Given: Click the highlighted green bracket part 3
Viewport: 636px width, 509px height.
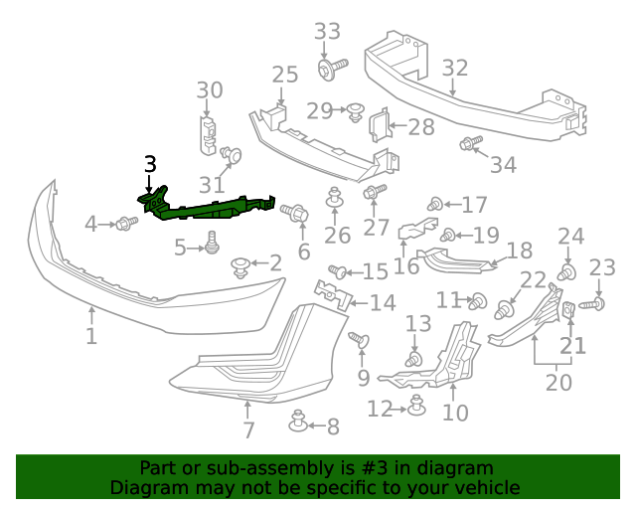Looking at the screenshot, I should click(x=209, y=206).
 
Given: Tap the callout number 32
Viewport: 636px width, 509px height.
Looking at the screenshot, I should click(x=454, y=68).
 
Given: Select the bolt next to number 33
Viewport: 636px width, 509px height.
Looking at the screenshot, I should click(x=328, y=69).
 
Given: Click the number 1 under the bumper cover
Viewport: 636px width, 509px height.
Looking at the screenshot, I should click(x=90, y=336).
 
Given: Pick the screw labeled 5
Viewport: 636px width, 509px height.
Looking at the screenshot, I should click(x=211, y=241).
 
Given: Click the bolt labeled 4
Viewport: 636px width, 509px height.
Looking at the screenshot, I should click(x=125, y=224).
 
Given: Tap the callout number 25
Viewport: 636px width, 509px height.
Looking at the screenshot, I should click(x=284, y=75).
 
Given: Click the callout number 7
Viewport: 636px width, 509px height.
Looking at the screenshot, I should click(x=248, y=430).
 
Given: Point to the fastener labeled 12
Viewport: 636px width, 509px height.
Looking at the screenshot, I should click(x=417, y=406).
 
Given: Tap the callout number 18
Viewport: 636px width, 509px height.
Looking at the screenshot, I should click(x=520, y=251).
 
